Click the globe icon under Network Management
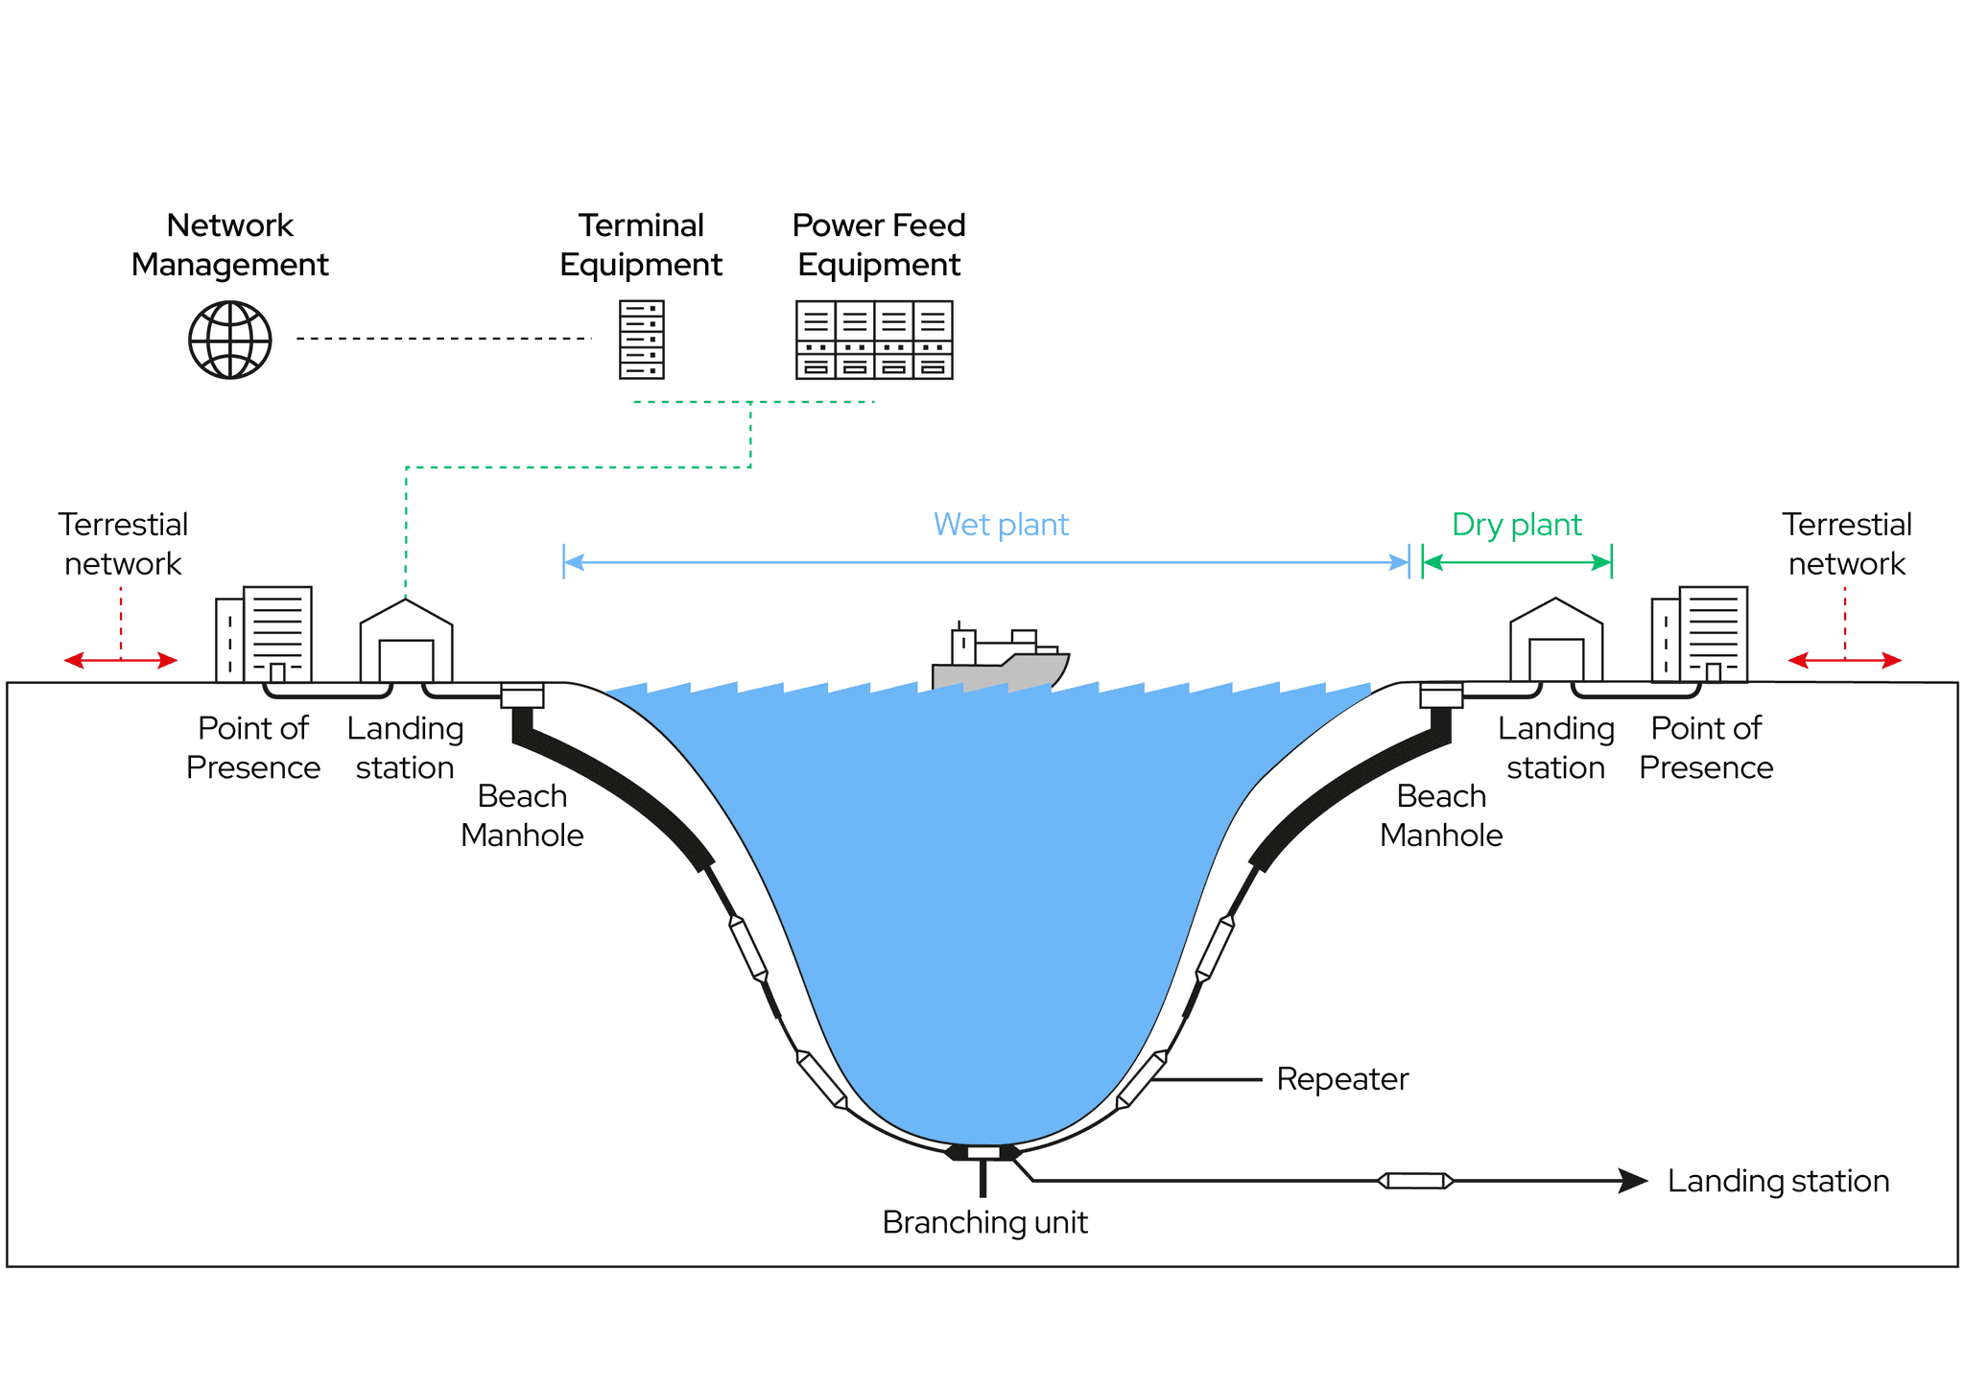coord(230,340)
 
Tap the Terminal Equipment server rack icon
coord(641,340)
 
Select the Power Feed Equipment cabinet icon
coord(874,340)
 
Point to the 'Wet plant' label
coord(1001,525)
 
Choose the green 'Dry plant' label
coord(1516,525)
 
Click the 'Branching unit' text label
coord(984,1223)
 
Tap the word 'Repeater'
coord(1342,1079)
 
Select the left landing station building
coord(406,642)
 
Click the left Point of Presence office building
coord(264,634)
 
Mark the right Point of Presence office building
coord(1699,634)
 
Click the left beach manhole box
coord(523,695)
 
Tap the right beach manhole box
coord(1441,695)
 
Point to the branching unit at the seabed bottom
coord(983,1153)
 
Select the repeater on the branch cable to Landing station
coord(1415,1181)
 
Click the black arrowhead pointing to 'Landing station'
coord(1632,1181)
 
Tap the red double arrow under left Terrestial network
coord(121,660)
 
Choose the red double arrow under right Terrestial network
coord(1844,660)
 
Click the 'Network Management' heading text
coord(230,245)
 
